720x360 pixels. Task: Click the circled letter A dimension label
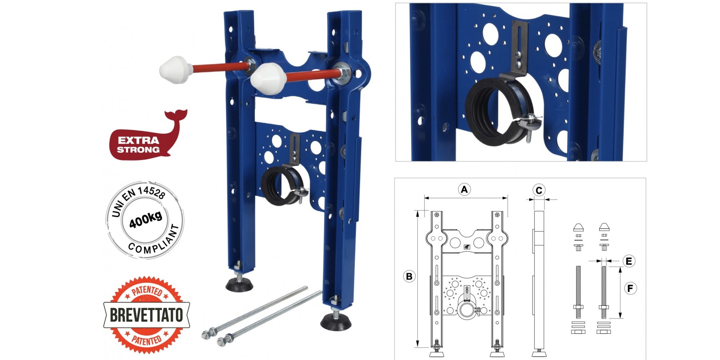point(464,189)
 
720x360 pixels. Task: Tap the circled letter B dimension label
point(409,276)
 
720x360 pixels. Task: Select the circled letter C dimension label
point(539,190)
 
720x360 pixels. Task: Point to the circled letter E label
point(628,261)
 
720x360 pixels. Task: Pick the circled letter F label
point(630,288)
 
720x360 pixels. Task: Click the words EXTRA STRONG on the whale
point(138,145)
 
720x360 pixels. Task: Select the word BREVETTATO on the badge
point(146,315)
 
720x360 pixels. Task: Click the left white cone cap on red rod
point(174,70)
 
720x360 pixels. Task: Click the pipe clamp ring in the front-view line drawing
point(467,309)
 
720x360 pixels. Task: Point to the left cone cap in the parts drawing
point(578,228)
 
